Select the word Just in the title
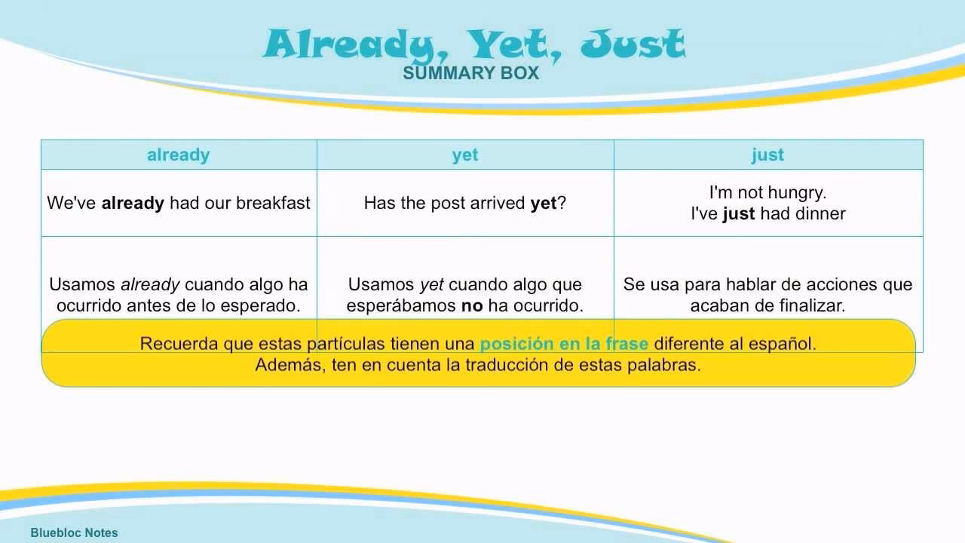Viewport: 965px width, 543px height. (x=633, y=45)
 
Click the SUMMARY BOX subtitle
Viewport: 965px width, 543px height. (x=471, y=73)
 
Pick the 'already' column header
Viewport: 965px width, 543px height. (x=178, y=155)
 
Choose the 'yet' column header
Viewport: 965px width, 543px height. (x=465, y=155)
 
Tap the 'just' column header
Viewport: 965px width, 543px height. (x=767, y=155)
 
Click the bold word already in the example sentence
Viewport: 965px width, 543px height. (x=133, y=203)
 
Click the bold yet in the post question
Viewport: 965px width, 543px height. (x=543, y=203)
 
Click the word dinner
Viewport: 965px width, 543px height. (x=819, y=213)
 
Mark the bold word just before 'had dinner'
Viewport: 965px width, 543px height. (x=739, y=213)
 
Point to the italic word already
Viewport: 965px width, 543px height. (x=150, y=285)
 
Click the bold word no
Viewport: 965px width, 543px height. (x=472, y=306)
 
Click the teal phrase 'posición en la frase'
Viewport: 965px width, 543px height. (x=564, y=344)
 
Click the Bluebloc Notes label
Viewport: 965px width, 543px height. (x=75, y=532)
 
